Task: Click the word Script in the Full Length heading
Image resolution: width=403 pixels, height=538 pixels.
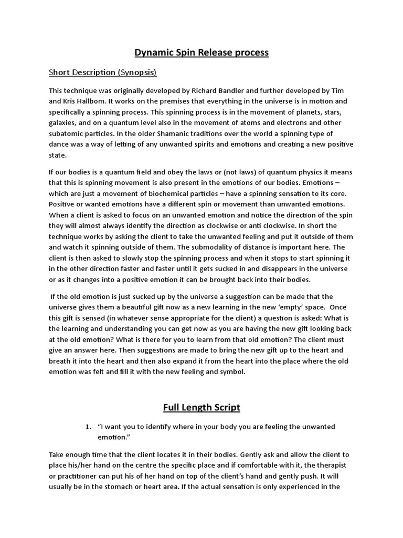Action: [x=225, y=407]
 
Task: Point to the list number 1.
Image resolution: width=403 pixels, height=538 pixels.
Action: [x=88, y=427]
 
